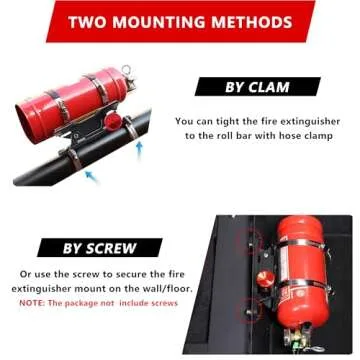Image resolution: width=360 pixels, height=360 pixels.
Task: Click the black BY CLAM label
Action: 258,86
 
